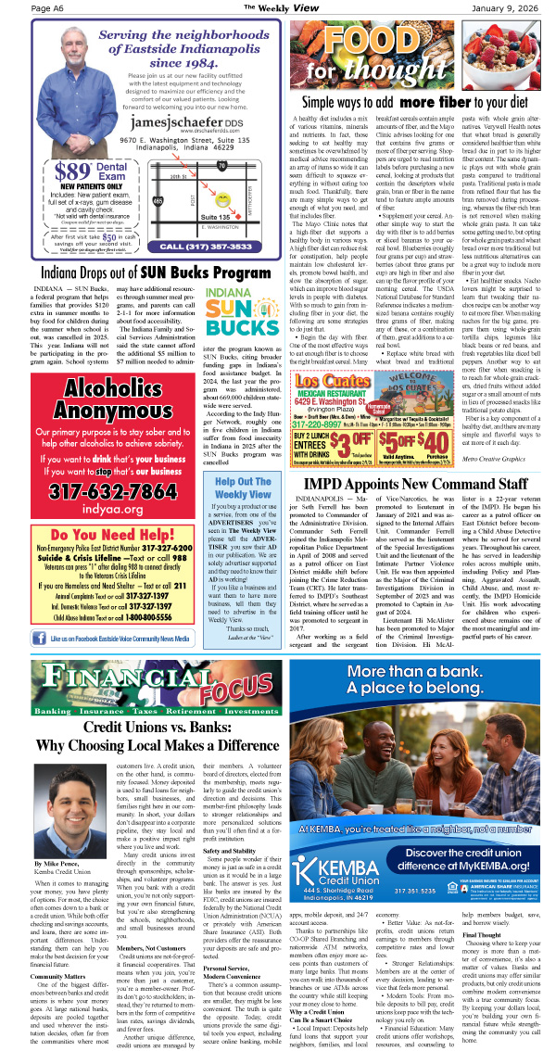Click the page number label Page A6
click(x=51, y=8)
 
